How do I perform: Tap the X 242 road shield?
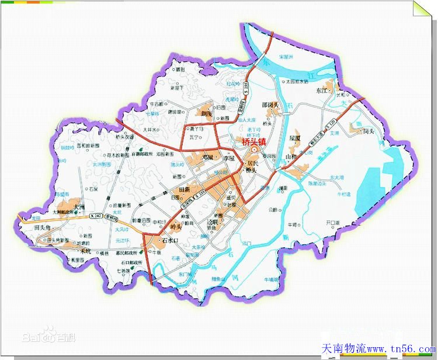[95, 216]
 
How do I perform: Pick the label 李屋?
[229, 158]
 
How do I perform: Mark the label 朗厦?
[207, 113]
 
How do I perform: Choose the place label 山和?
[291, 157]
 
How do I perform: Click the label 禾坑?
[86, 251]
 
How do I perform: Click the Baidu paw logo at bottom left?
[48, 336]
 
